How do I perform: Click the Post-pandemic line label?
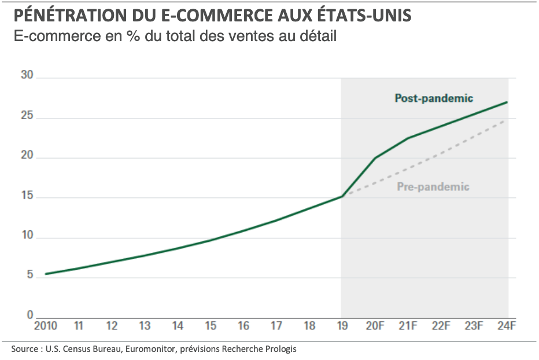[x=434, y=98]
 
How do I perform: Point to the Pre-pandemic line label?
[x=433, y=187]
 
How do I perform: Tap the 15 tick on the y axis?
[x=27, y=197]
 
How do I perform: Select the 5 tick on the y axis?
[x=29, y=276]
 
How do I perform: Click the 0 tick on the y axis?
[x=29, y=316]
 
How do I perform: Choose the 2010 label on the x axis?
[x=45, y=326]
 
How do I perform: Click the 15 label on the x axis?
[x=211, y=326]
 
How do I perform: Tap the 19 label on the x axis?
[x=342, y=326]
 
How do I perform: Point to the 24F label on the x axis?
[x=507, y=326]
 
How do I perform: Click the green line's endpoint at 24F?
[x=507, y=102]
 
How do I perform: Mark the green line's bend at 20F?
[x=375, y=157]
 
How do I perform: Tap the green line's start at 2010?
[x=46, y=274]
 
